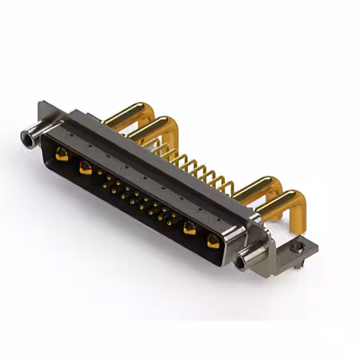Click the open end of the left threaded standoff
26,136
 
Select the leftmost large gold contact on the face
62,154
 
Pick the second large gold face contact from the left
85,167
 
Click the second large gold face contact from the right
190,228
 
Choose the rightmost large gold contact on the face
213,242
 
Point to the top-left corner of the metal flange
41,105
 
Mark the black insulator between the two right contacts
201,236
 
